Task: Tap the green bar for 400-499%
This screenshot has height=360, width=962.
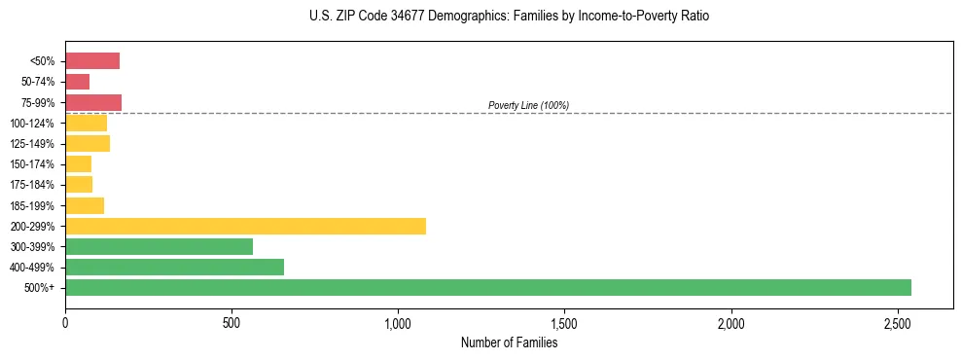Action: pos(174,267)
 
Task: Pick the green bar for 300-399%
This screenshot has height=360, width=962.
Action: pos(159,246)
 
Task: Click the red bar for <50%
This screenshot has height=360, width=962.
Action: pos(92,61)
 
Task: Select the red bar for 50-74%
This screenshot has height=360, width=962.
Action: pos(77,82)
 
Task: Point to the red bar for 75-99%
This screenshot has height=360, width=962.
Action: pos(93,102)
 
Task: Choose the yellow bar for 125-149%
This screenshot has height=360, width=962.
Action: pos(88,143)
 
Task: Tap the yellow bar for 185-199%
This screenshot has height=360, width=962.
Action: pos(85,205)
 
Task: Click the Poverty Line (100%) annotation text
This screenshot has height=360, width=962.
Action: pos(528,105)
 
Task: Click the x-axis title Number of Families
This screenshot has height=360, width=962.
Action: pos(509,342)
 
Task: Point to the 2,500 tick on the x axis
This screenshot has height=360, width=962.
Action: pos(898,322)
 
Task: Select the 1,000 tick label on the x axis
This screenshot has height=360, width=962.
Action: pos(398,322)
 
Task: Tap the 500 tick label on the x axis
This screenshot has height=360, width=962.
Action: pos(232,322)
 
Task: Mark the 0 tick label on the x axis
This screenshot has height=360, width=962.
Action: pos(65,322)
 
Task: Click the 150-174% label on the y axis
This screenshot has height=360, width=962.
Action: pos(32,164)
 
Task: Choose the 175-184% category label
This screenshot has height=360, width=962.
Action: pos(32,185)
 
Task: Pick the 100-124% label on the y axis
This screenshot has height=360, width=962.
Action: pos(32,124)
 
